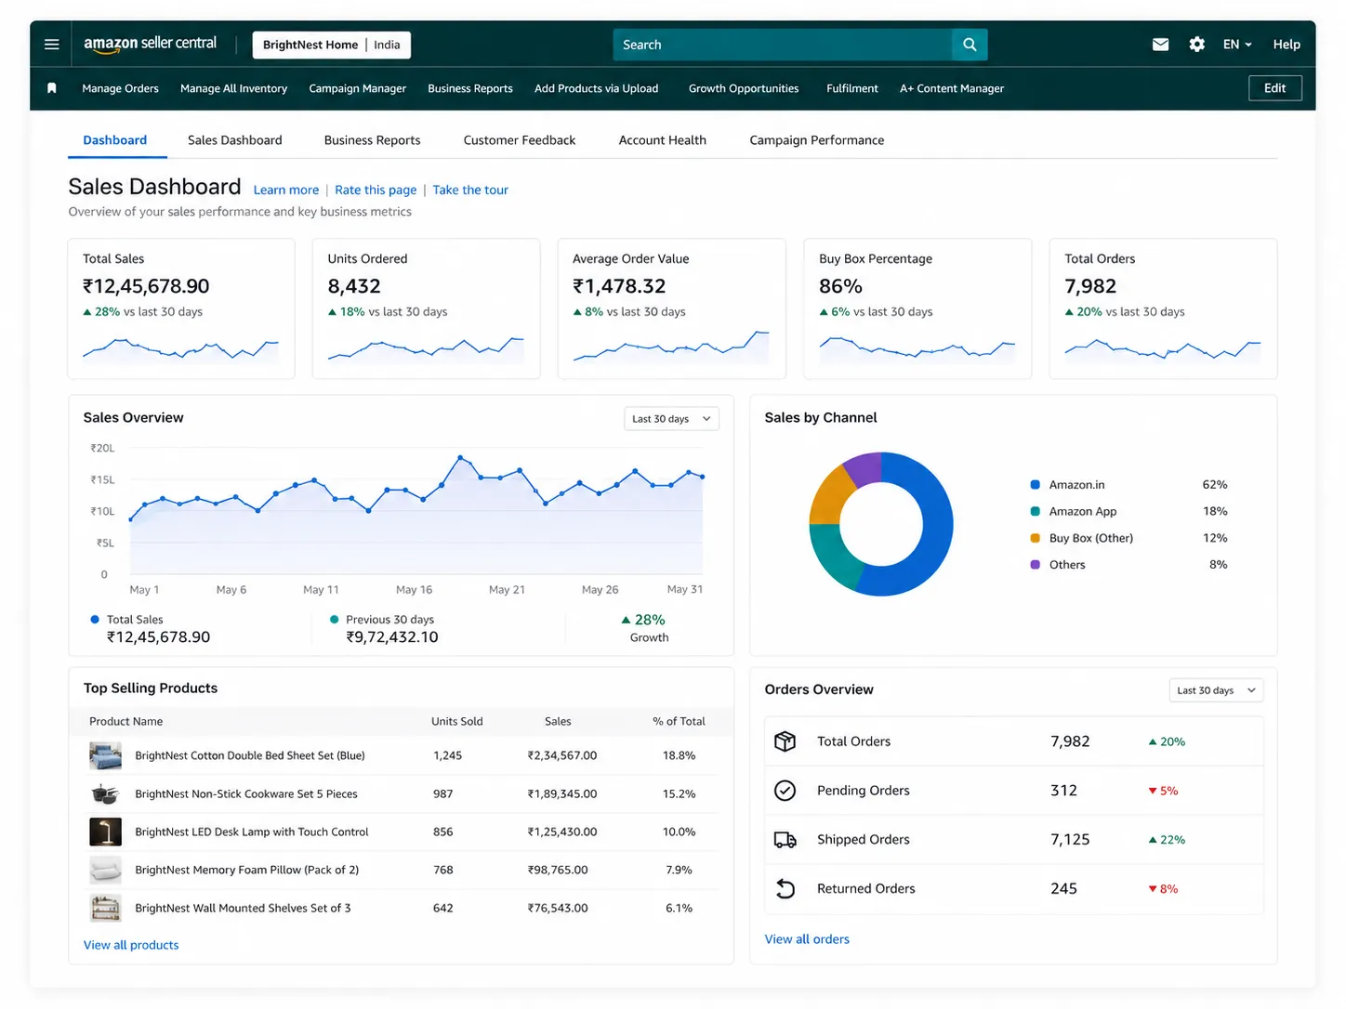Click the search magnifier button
click(969, 45)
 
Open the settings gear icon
click(1195, 44)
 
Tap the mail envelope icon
click(1159, 44)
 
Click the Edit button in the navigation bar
click(1274, 88)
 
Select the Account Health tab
click(662, 140)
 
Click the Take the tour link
click(469, 190)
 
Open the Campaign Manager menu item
click(357, 88)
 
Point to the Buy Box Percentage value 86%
click(840, 286)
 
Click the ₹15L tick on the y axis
click(102, 479)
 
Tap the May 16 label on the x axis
click(414, 589)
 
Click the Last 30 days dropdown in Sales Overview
click(671, 419)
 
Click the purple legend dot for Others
click(1035, 565)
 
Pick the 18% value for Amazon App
click(1214, 511)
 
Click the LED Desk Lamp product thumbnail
click(105, 832)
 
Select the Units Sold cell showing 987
click(442, 794)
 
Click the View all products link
click(131, 945)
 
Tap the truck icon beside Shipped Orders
click(785, 840)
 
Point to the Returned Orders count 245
click(1062, 889)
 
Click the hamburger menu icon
click(51, 44)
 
